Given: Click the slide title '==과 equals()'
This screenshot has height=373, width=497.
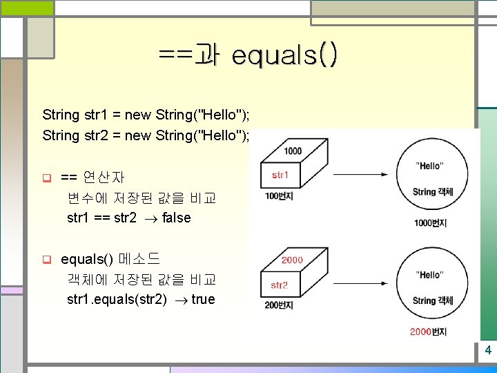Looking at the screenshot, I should click(248, 55).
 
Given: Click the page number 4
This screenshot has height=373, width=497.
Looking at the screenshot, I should click(488, 350).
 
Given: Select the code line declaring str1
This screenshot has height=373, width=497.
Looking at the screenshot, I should click(146, 114).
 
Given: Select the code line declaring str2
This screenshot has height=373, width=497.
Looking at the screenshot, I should click(146, 135).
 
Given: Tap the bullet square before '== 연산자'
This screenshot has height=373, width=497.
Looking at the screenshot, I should click(47, 178).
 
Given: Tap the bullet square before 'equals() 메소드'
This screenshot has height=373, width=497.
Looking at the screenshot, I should click(47, 260).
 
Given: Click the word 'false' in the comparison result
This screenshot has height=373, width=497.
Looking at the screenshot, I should click(176, 218).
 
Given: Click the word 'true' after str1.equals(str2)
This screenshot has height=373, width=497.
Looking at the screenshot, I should click(203, 299).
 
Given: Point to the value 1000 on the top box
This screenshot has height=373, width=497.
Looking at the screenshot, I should click(292, 151).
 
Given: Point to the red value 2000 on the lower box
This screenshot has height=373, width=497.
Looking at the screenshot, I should click(292, 260).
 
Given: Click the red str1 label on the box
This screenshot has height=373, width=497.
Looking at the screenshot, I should click(280, 175).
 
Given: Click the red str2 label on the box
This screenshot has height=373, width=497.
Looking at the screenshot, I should click(280, 285).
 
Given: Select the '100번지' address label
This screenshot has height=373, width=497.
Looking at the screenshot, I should click(279, 196).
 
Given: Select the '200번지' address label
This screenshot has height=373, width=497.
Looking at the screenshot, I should click(279, 305).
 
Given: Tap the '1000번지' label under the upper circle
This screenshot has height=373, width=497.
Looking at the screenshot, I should click(430, 222).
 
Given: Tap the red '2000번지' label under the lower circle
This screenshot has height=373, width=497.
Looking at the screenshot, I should click(428, 332).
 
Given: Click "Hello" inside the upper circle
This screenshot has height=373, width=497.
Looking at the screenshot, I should click(430, 166).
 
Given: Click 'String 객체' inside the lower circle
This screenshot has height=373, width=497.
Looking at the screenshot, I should click(433, 300).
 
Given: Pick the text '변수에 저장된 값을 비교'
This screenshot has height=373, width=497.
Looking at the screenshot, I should click(142, 198).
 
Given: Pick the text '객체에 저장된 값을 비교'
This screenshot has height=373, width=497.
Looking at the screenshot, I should click(142, 280).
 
